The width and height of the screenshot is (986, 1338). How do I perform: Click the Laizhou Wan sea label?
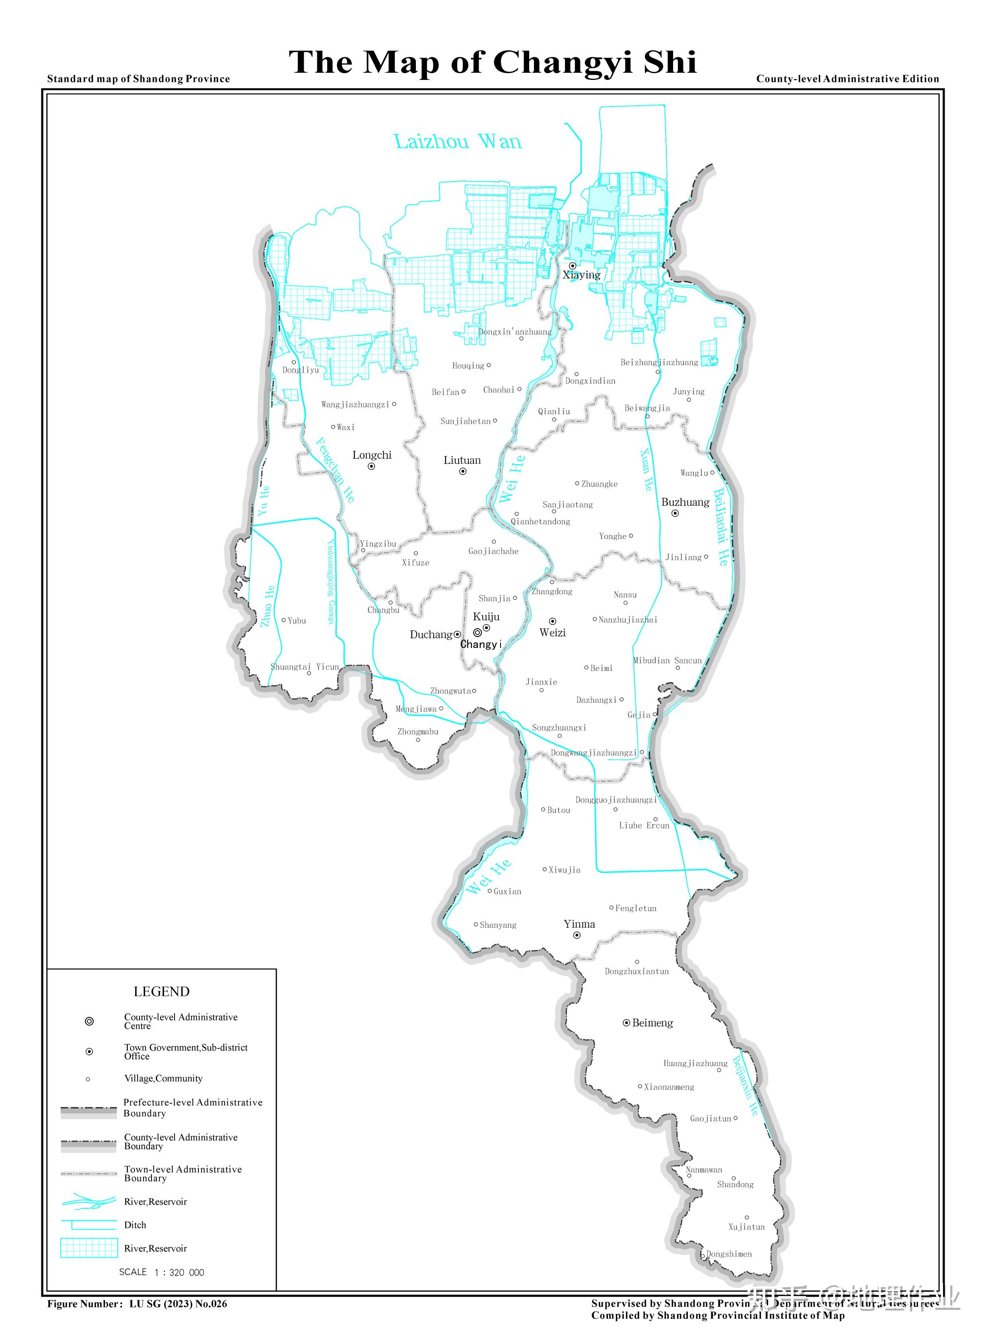pyautogui.click(x=458, y=142)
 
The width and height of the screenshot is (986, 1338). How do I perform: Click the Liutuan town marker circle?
pyautogui.click(x=462, y=471)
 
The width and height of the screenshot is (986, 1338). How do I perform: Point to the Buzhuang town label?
pyautogui.click(x=685, y=502)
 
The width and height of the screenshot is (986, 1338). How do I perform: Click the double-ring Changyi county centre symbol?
pyautogui.click(x=477, y=632)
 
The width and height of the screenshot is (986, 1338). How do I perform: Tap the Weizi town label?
pyautogui.click(x=552, y=632)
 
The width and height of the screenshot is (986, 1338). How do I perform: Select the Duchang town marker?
pyautogui.click(x=457, y=634)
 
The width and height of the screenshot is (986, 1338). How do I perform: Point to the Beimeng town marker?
pyautogui.click(x=626, y=1023)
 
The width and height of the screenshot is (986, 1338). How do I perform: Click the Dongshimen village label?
pyautogui.click(x=729, y=1254)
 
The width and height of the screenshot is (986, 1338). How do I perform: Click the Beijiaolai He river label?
pyautogui.click(x=721, y=527)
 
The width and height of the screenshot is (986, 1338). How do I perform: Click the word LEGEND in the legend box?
pyautogui.click(x=161, y=992)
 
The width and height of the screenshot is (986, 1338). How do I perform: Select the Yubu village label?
pyautogui.click(x=297, y=621)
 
